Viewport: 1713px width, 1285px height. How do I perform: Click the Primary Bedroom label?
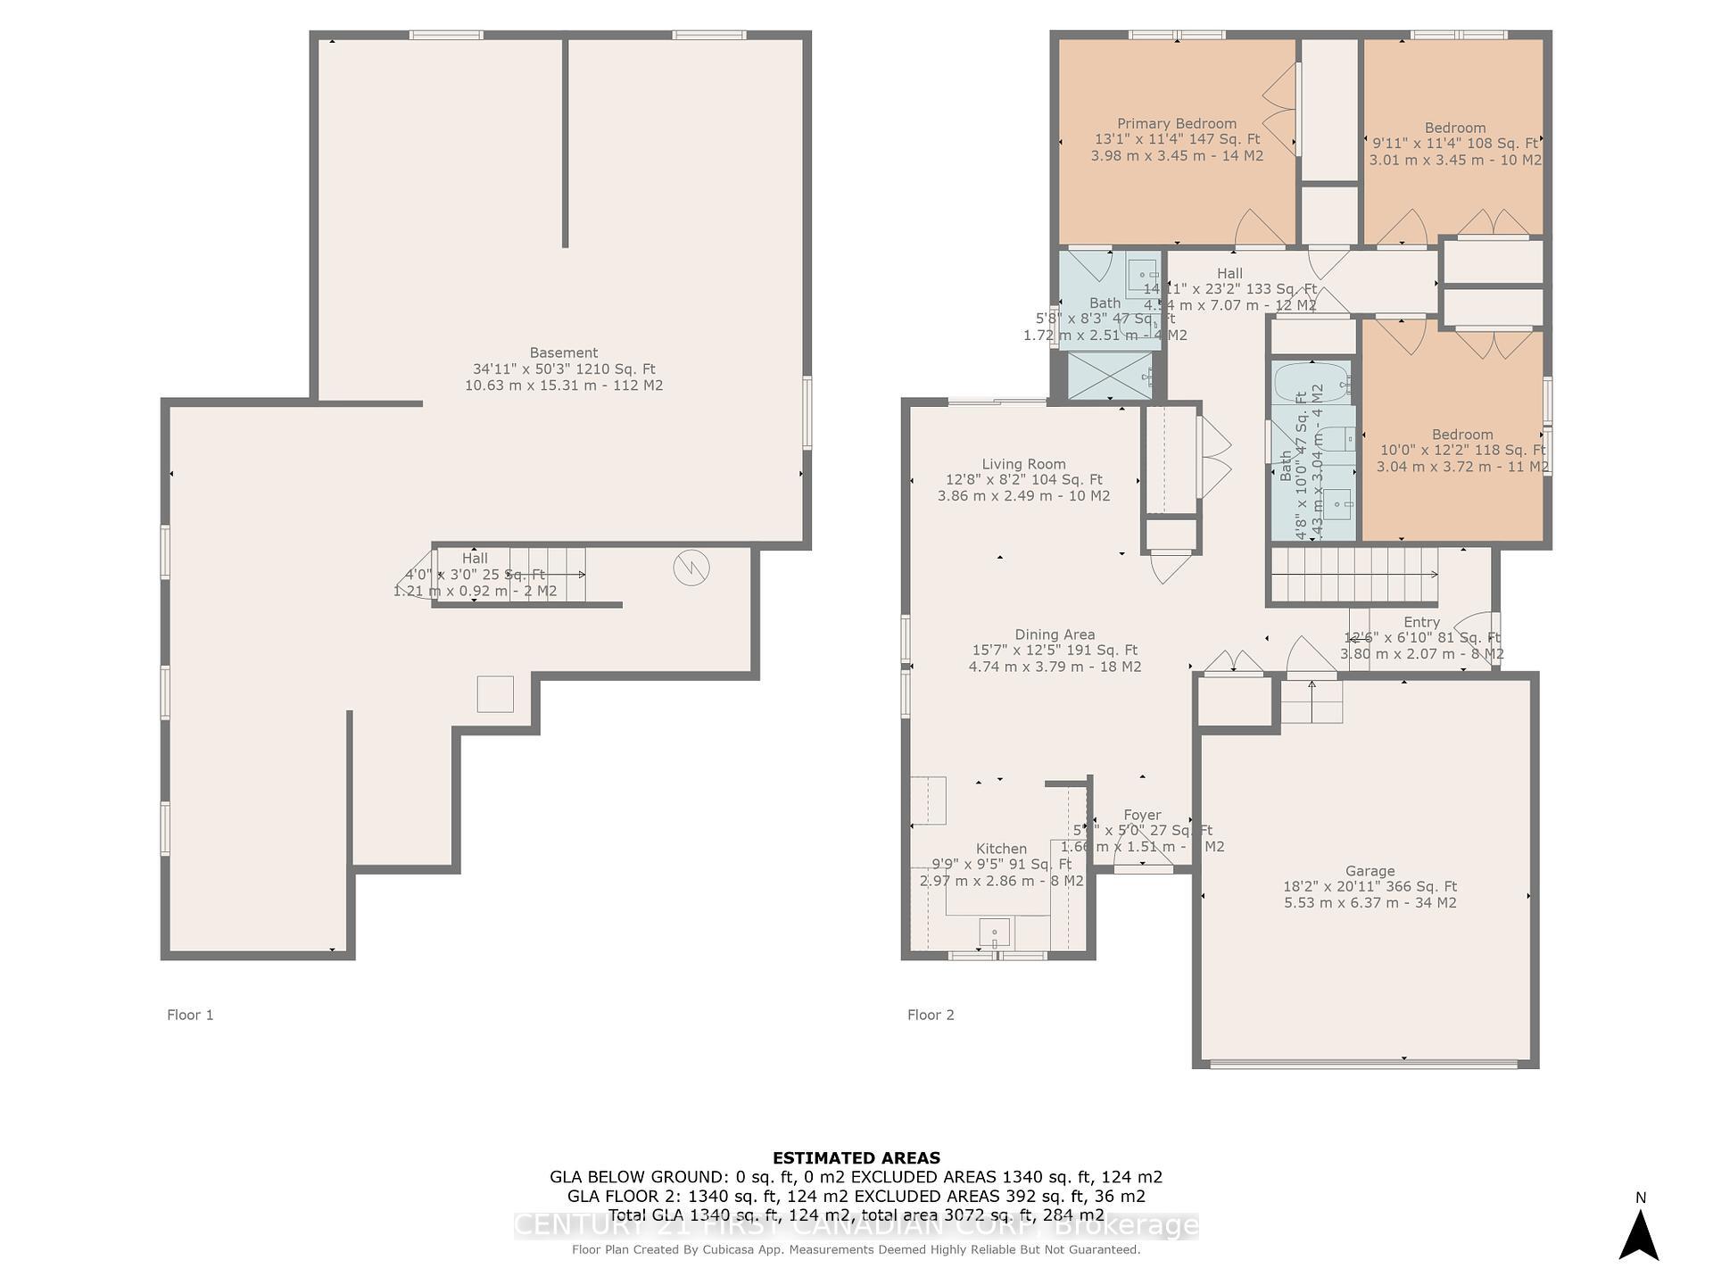click(1176, 124)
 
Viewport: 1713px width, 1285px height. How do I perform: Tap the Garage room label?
click(1370, 871)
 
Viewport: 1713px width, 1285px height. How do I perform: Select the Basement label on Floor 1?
click(563, 353)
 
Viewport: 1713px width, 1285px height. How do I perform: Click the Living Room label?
click(1023, 464)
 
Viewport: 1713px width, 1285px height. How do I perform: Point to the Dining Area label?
click(1055, 635)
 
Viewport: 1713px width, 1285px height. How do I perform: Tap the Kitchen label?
click(1001, 849)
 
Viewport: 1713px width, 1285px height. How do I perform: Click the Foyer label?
click(1142, 815)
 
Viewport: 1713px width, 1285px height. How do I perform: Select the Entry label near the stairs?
click(1421, 622)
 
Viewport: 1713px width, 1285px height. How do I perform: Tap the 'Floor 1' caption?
click(190, 1015)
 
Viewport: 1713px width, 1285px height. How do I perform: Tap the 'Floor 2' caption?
click(931, 1015)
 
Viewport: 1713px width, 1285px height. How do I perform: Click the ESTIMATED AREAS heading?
click(856, 1158)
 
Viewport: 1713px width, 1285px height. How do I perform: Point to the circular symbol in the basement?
click(691, 568)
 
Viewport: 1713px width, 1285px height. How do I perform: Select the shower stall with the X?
click(1110, 376)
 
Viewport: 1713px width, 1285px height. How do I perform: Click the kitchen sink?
click(994, 933)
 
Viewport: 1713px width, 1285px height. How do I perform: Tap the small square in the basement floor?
click(495, 694)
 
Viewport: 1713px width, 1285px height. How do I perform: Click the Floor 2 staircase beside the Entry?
click(1353, 576)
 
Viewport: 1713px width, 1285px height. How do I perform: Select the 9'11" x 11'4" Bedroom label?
click(1454, 128)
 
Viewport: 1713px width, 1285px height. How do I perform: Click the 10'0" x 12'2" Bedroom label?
click(1461, 435)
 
